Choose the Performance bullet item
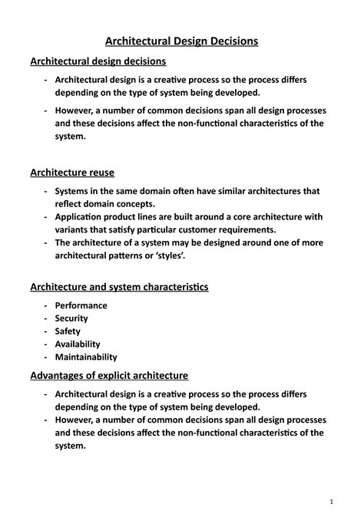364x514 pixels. pyautogui.click(x=81, y=305)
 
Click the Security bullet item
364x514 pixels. pyautogui.click(x=71, y=318)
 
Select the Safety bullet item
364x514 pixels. pyautogui.click(x=67, y=331)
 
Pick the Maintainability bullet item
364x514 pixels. pyautogui.click(x=85, y=357)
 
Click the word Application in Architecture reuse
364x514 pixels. pyautogui.click(x=82, y=217)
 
